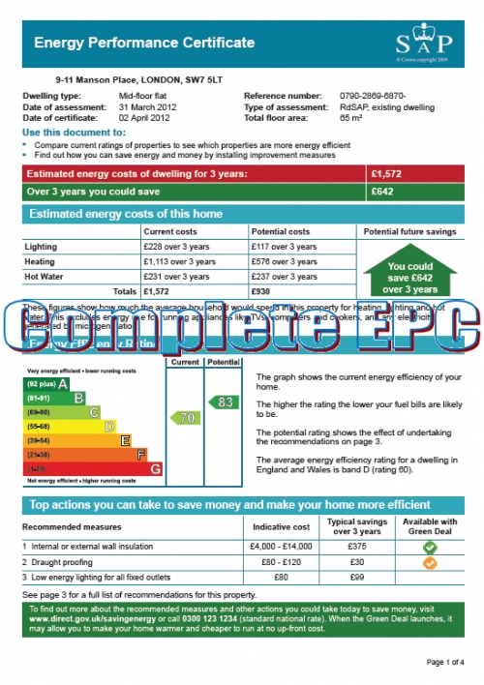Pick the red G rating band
(92, 468)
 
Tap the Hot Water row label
(45, 277)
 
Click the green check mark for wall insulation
(430, 548)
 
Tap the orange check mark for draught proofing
(430, 563)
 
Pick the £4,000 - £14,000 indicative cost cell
(281, 548)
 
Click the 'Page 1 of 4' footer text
(445, 662)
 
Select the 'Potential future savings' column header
(410, 232)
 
